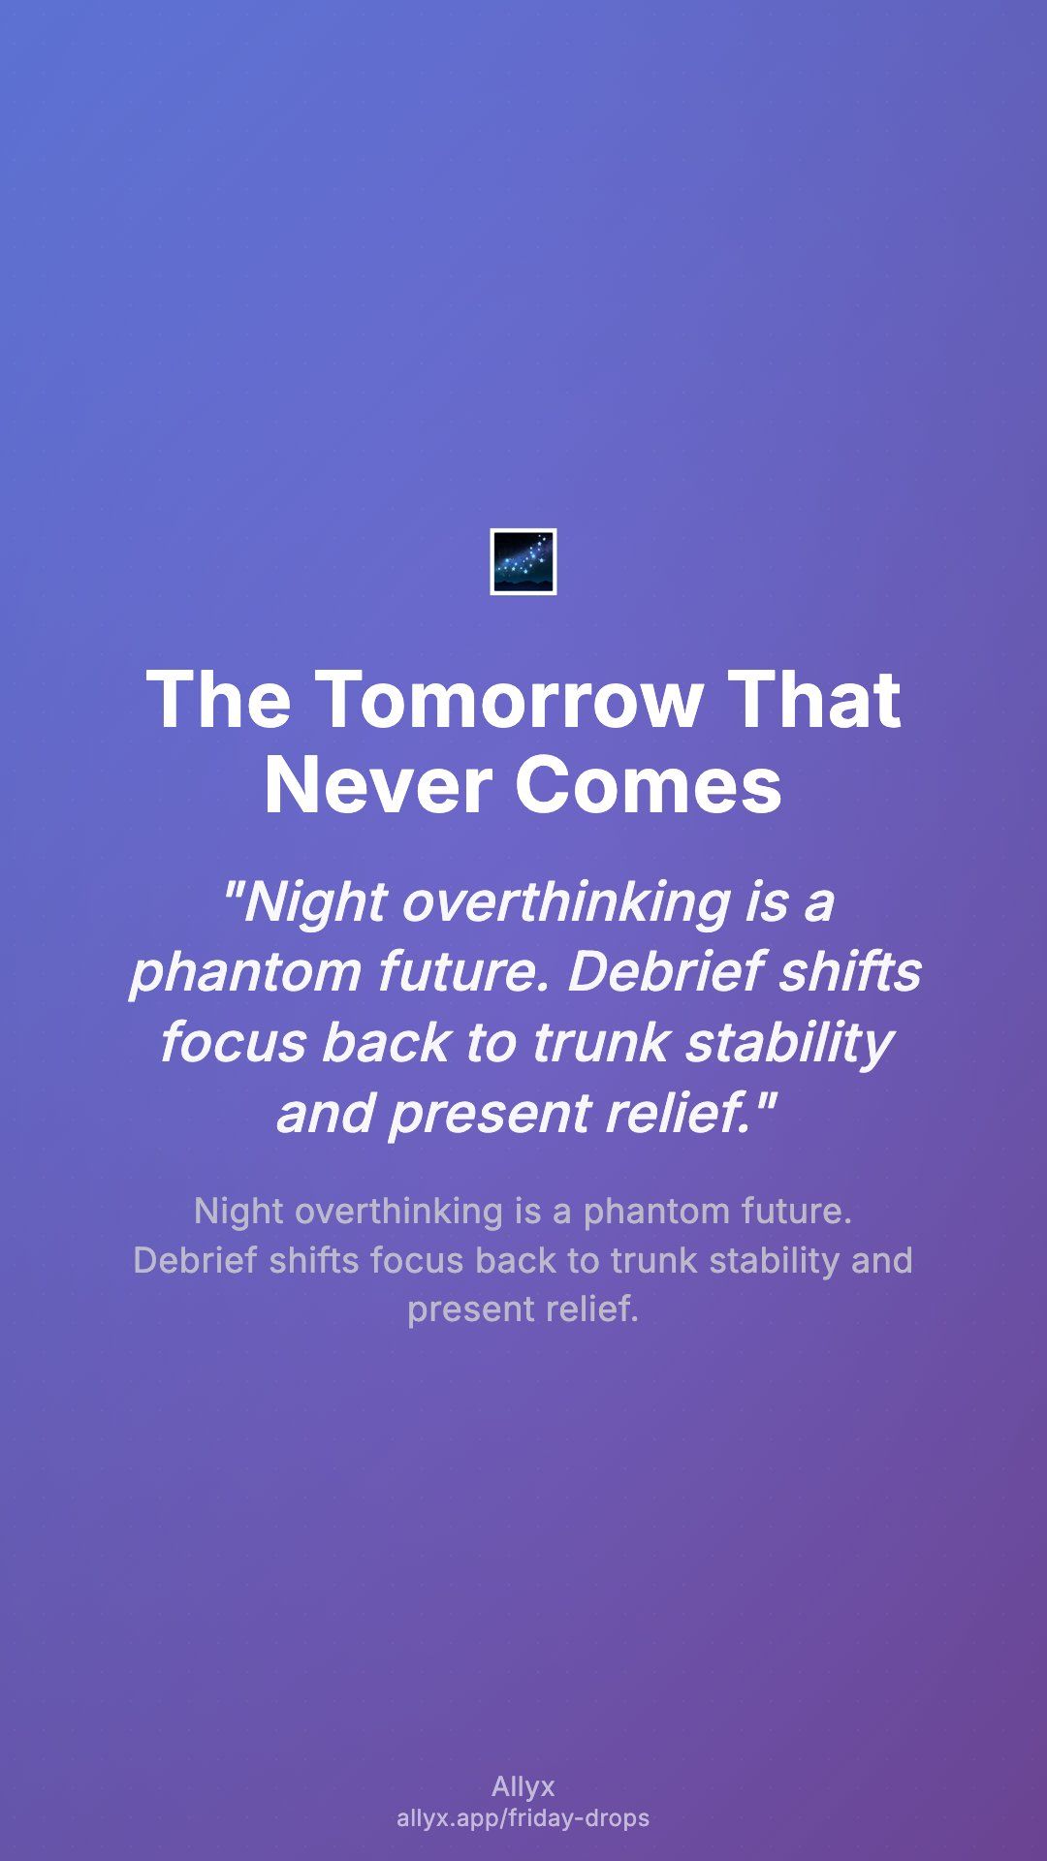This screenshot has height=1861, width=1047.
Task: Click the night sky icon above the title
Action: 523,561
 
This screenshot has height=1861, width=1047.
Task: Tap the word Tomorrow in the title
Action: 509,699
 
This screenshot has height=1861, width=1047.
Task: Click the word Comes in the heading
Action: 648,784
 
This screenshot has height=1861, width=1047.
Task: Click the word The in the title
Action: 218,699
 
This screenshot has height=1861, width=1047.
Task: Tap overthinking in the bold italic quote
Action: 566,902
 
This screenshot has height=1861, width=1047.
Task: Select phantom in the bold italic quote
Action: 246,972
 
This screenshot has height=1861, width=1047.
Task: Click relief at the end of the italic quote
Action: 685,1112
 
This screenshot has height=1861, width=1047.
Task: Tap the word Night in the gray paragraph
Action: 239,1212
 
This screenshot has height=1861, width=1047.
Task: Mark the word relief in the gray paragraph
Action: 591,1309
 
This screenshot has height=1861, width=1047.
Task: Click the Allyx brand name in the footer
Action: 523,1787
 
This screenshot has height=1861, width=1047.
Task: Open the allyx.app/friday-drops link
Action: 523,1817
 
